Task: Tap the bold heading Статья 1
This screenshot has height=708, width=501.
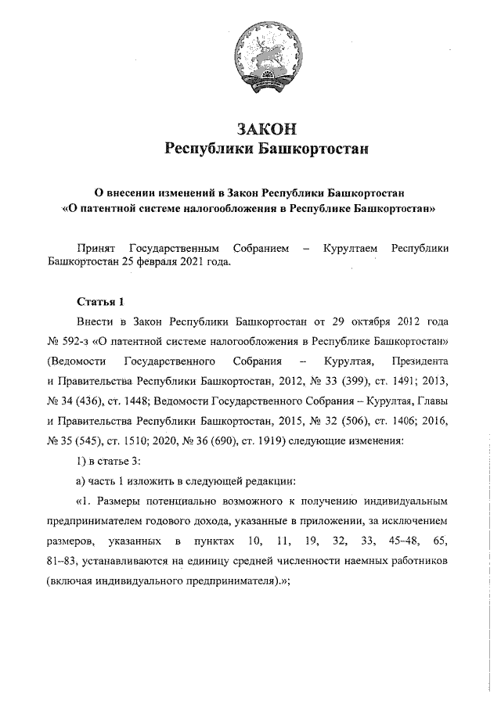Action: [x=101, y=301]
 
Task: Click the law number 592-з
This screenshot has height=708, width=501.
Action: [x=80, y=342]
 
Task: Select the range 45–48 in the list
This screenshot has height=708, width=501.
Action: [x=400, y=541]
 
